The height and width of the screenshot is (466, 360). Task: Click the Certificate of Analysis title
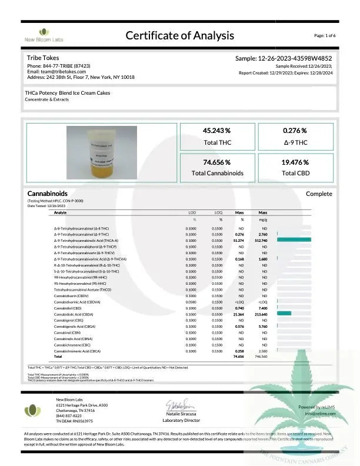180,35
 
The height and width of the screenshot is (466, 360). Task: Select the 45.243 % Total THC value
216,131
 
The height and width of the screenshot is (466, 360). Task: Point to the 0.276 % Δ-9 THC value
295,131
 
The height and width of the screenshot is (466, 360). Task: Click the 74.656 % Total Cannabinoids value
216,162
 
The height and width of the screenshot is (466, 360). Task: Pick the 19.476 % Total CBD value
295,162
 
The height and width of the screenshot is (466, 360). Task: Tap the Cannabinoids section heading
48,194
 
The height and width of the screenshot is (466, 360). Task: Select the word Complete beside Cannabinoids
319,194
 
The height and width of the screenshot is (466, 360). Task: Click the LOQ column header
218,212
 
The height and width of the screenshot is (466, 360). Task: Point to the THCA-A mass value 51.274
239,240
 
